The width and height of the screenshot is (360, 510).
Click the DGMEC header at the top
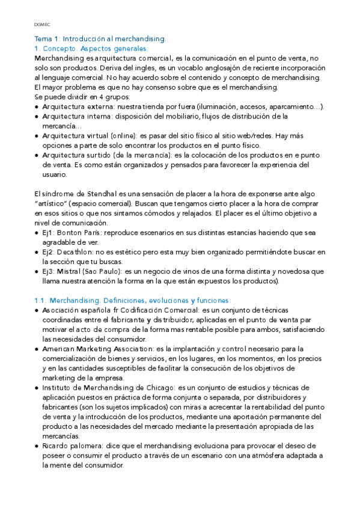pos(41,25)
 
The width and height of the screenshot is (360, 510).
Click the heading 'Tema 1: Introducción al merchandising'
pos(100,38)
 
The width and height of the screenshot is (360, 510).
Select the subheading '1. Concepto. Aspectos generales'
pos(91,48)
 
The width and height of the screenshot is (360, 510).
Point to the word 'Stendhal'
pos(105,194)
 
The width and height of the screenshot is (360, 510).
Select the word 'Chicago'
pos(156,387)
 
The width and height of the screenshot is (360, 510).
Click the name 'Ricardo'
pos(56,446)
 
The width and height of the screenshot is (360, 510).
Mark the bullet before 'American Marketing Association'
pos(37,349)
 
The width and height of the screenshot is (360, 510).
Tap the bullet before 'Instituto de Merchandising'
pos(37,387)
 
